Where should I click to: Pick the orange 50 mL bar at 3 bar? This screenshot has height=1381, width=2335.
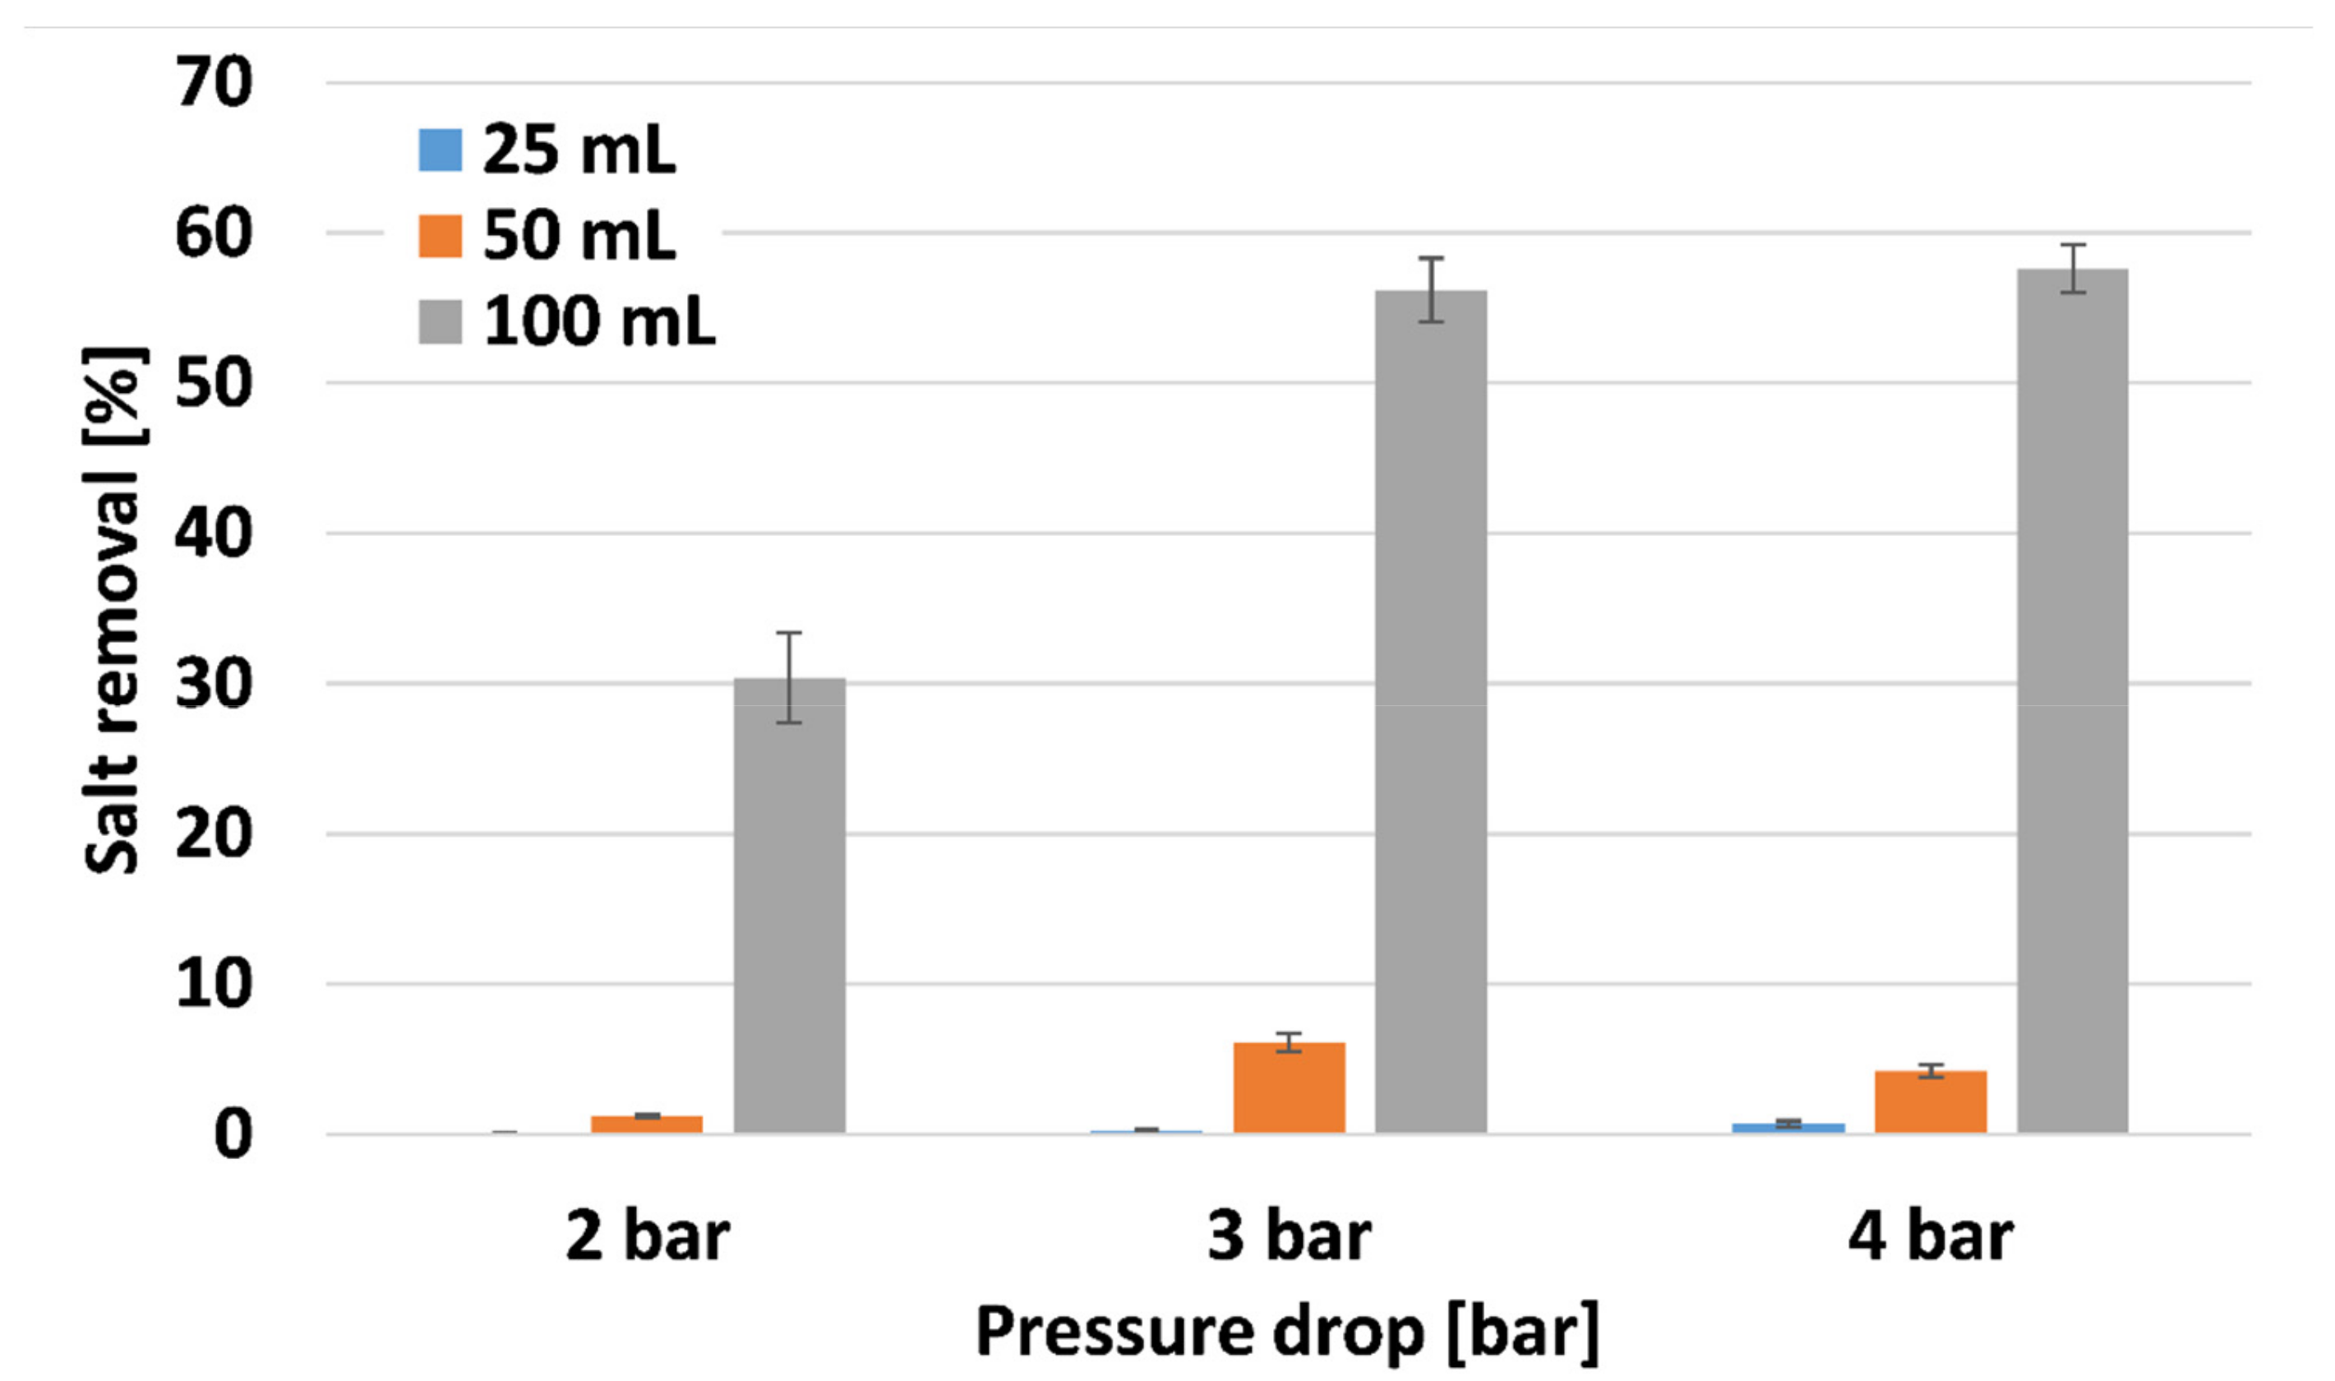pos(1289,1089)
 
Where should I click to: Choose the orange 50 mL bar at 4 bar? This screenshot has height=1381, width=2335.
pos(1931,1103)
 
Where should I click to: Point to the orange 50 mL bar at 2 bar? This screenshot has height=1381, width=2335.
pos(647,1125)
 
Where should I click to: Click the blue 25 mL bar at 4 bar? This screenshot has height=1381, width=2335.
pos(1788,1127)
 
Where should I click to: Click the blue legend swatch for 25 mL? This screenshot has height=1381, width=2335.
pos(440,150)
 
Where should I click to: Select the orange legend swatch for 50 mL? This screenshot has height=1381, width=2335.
pos(440,235)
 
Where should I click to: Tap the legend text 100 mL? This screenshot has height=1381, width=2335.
pos(598,322)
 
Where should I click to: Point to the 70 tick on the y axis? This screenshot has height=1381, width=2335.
pos(213,82)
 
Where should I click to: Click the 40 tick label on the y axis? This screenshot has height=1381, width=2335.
pos(213,533)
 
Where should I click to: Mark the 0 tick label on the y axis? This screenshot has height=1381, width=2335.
pos(233,1134)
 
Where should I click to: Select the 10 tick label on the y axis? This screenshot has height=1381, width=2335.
pos(213,984)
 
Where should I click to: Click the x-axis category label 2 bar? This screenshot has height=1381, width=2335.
pos(647,1237)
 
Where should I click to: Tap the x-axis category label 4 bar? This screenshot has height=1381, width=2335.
pos(1931,1237)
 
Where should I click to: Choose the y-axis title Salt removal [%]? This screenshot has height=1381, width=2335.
pos(113,610)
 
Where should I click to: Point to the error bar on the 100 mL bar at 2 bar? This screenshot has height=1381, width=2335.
pos(789,677)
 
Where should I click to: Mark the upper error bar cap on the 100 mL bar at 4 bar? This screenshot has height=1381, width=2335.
pos(2073,246)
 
